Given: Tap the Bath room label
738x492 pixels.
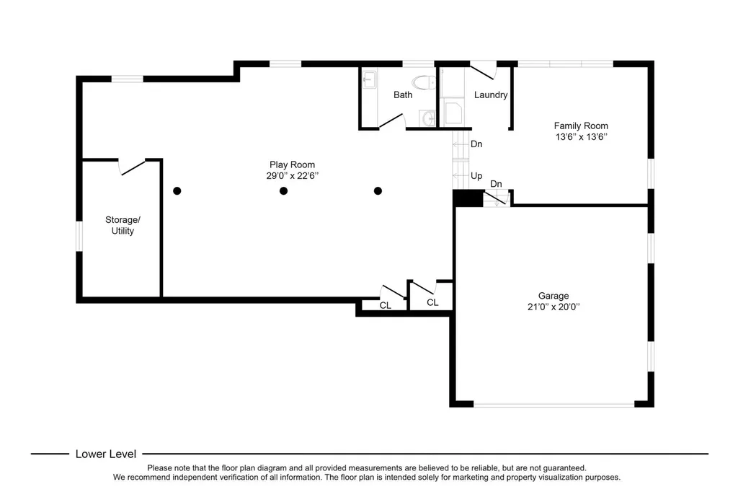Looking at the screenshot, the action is coord(403,95).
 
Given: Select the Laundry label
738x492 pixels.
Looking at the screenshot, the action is coord(491,95).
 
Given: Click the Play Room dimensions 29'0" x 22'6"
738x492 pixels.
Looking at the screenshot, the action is coord(293,176).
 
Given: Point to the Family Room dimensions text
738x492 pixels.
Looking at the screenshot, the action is coord(582,136).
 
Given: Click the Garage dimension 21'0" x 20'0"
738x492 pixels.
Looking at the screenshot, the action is coord(553,307).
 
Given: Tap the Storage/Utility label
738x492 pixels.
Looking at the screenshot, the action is coord(123,225).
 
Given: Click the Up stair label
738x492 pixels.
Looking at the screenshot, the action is coord(476,176).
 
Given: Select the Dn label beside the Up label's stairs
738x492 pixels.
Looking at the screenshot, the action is coord(476,144).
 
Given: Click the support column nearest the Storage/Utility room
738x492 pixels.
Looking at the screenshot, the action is coord(177,191).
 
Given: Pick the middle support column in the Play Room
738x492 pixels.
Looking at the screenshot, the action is coord(283,191).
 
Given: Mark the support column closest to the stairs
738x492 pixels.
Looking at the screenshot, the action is coord(378,191).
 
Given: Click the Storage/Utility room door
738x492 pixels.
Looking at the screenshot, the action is coord(133,167).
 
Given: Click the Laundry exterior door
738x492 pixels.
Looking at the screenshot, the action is coord(483,71).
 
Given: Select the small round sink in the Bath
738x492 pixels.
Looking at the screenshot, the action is coord(428,118).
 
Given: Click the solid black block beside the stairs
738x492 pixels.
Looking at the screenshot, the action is coord(468,198).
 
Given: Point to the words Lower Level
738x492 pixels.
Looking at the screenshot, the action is coord(106,454).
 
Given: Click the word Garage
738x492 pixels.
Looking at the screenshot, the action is coord(553,296).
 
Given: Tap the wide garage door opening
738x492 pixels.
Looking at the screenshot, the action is coord(554,404).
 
